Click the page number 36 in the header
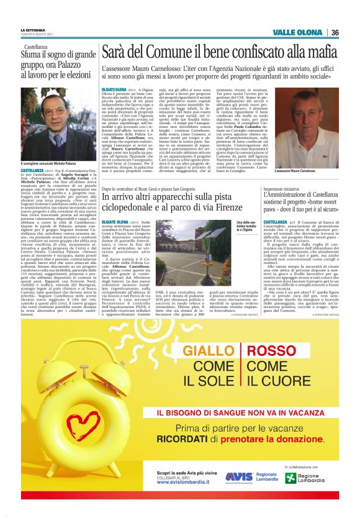click(335, 32)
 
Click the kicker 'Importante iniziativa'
click(282, 189)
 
